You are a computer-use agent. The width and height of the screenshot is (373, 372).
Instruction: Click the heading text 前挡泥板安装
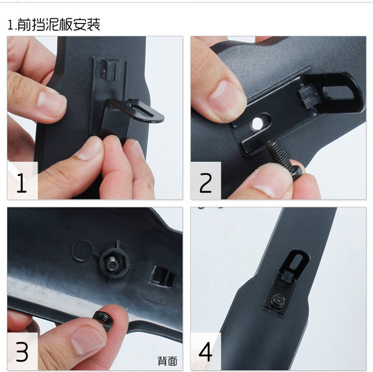59,24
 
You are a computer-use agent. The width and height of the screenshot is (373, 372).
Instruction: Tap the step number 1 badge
22,181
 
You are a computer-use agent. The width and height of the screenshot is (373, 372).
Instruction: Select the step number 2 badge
205,181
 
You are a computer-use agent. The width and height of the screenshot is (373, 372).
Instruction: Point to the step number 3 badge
22,352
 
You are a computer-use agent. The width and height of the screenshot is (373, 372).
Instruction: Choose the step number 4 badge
205,352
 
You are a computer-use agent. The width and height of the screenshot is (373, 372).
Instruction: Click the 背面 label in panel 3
168,361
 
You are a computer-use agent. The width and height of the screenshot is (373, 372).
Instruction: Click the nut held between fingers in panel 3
101,321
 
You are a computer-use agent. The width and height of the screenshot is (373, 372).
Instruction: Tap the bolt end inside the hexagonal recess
112,264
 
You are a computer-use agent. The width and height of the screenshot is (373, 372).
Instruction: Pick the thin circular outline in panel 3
82,250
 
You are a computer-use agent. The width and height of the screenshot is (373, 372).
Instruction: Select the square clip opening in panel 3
163,277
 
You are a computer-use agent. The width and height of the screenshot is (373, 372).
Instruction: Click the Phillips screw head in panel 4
279,300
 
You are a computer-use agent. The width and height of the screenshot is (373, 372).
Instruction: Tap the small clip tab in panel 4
286,277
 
